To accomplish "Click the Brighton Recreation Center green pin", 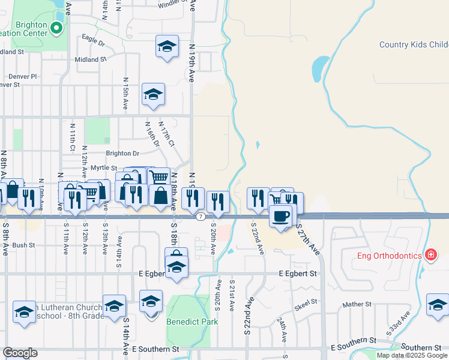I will pos(56,28).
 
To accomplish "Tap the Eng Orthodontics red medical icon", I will pos(430,256).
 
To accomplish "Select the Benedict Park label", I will pos(192,322).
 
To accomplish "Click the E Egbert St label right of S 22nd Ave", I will pos(298,273).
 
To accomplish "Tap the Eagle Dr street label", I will pos(93,43).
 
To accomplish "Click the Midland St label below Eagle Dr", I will pos(91,59).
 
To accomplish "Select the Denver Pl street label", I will pos(22,76).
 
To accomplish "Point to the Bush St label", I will pos(24,245).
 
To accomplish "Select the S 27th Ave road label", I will pos(307,240).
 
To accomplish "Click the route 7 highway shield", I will pos(200,216).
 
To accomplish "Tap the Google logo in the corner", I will pos(20,353).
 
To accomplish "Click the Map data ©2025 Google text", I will pos(412,355).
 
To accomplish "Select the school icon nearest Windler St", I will pos(167,46).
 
